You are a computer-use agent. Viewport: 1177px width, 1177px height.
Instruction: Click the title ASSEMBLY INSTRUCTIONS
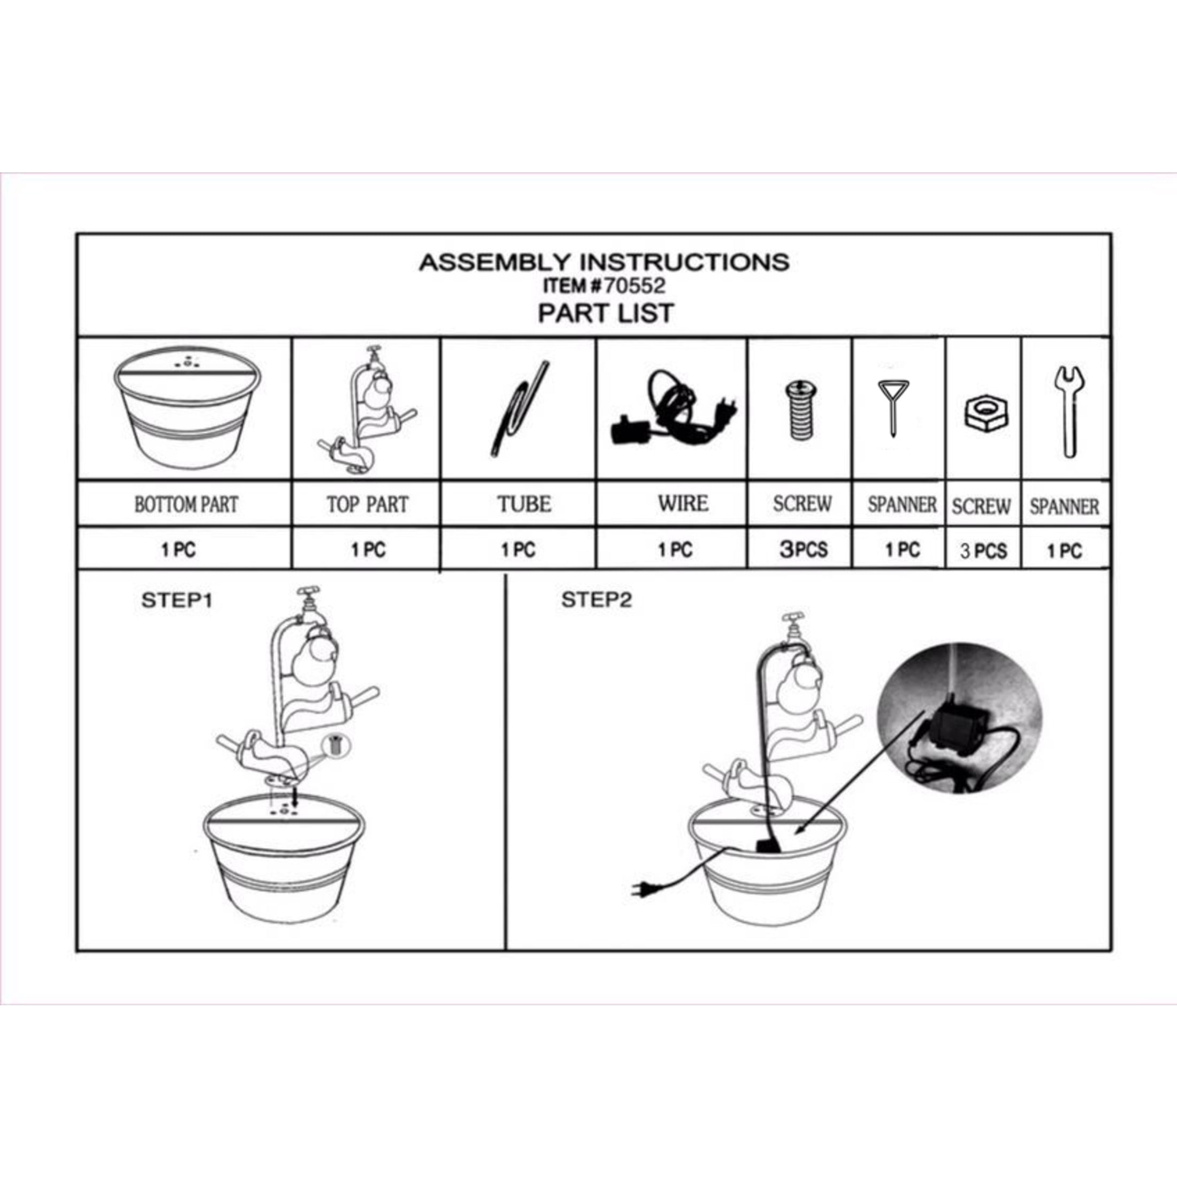[603, 263]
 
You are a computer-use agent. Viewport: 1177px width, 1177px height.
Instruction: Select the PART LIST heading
[606, 313]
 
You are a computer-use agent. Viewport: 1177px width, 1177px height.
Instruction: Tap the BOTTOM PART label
[186, 505]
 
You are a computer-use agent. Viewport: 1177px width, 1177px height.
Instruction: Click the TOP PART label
[368, 505]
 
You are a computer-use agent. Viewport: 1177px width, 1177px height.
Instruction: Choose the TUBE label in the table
[524, 504]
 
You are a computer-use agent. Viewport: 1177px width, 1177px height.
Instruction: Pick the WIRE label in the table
[683, 503]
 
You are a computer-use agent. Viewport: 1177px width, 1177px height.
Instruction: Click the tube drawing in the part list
[518, 409]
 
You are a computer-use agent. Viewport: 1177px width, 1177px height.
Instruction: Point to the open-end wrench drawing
[1069, 412]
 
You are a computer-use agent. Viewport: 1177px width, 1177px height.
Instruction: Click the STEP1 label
[177, 601]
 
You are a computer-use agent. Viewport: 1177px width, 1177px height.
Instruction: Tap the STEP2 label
[597, 600]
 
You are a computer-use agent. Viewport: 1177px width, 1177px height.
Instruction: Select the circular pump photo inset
[959, 717]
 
